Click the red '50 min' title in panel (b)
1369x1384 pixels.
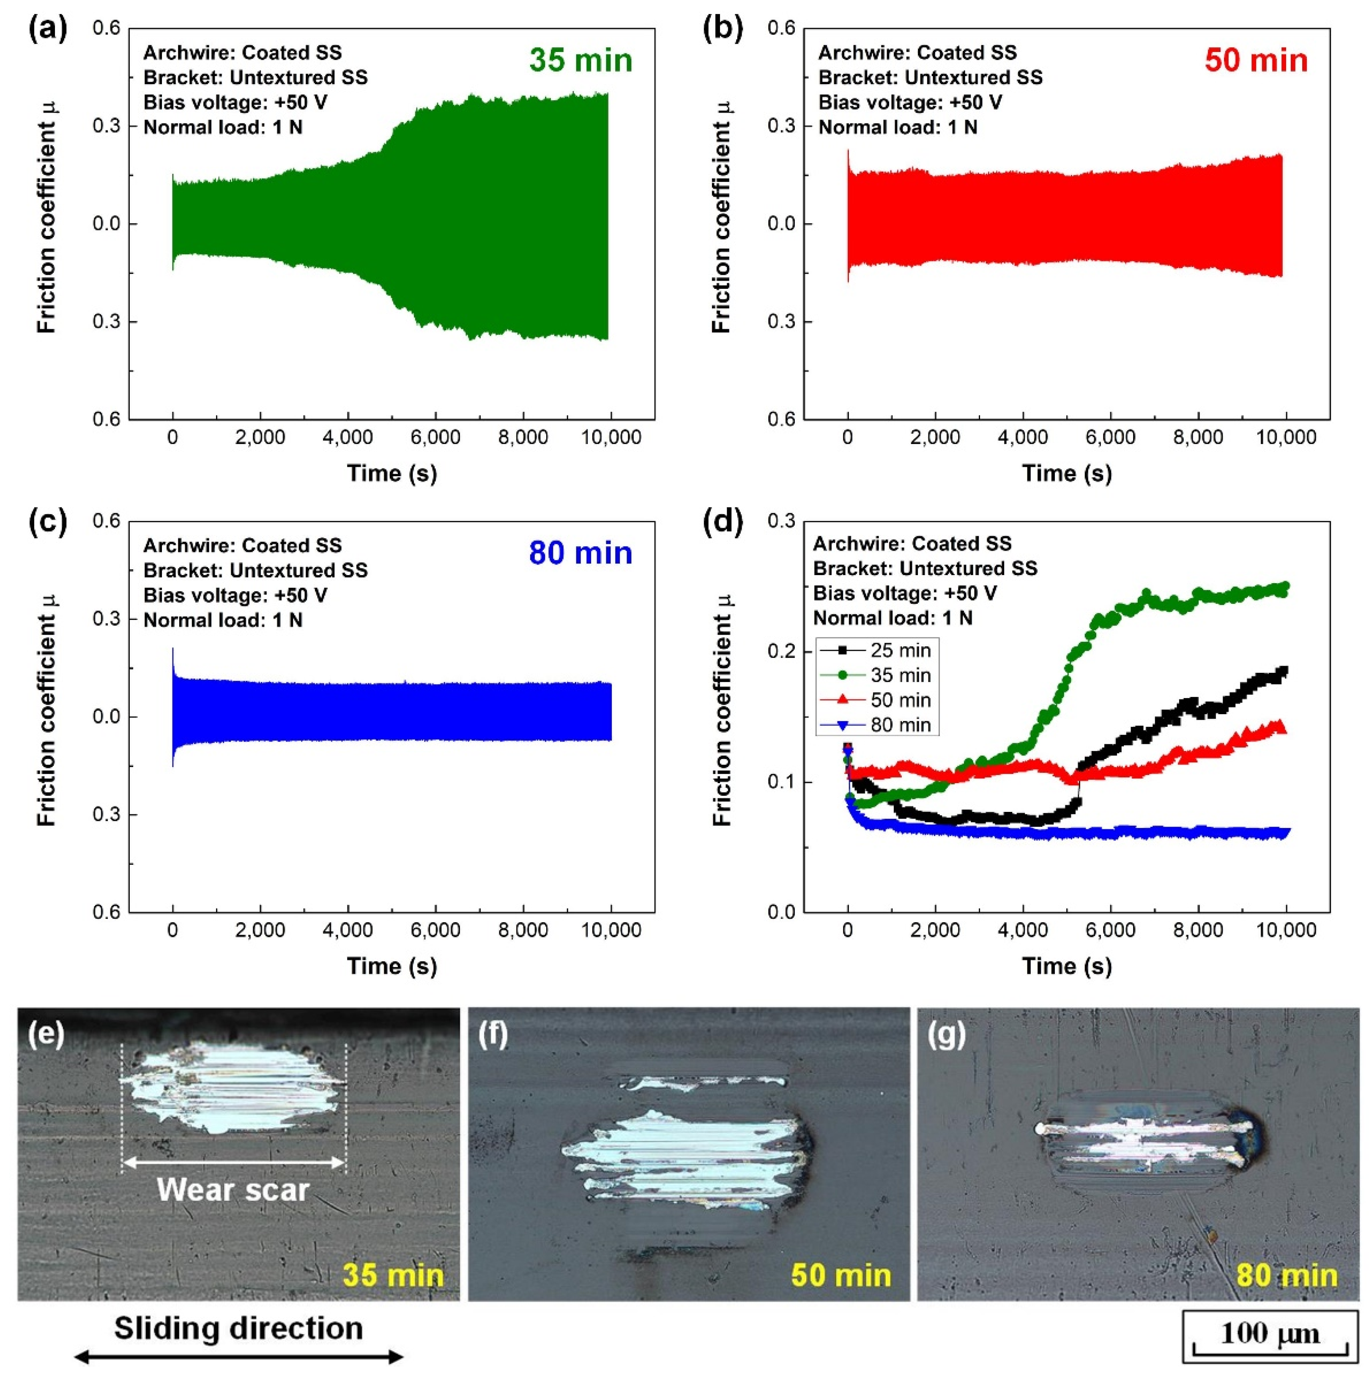1255,60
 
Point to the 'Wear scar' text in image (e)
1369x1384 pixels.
233,1190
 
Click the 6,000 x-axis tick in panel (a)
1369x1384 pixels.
435,437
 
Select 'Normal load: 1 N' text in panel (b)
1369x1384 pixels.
898,128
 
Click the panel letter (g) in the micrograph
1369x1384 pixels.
946,1034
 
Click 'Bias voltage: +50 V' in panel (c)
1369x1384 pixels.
235,595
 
